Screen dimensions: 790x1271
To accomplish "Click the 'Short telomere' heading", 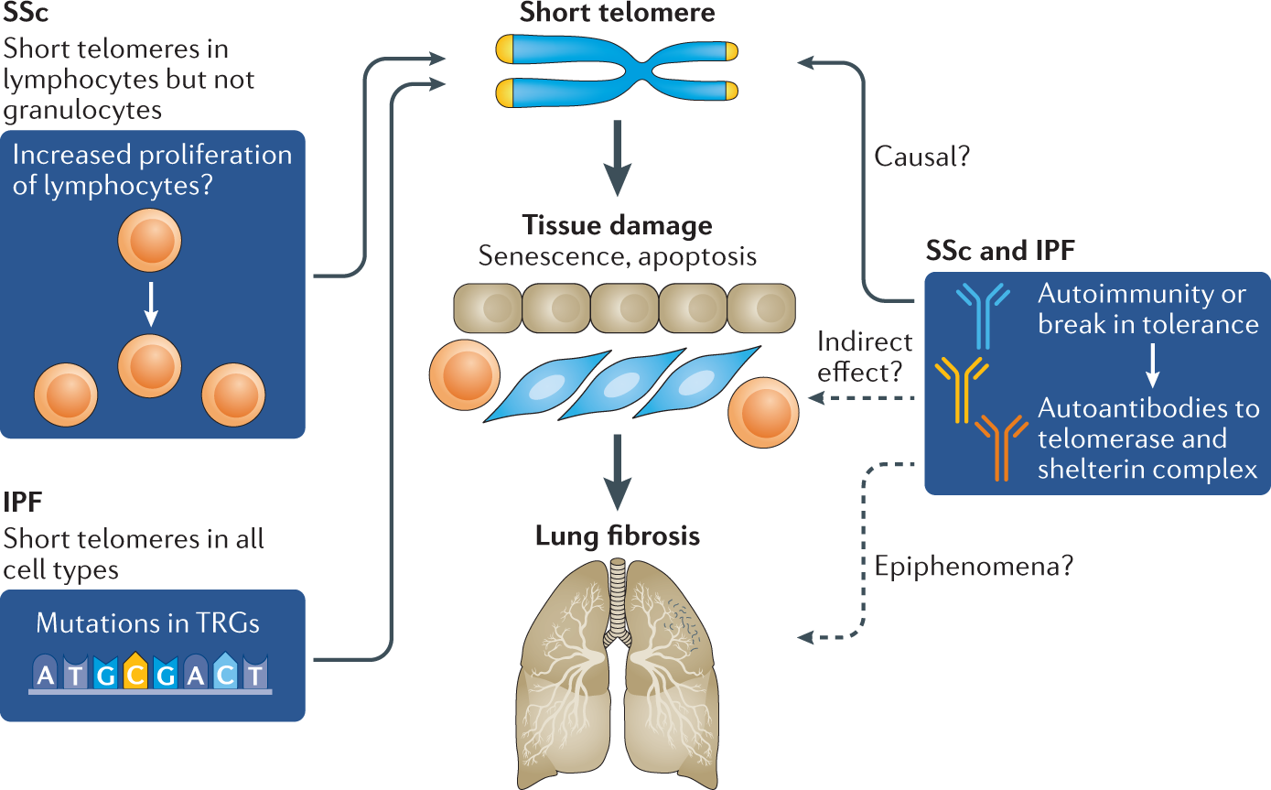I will click(x=617, y=13).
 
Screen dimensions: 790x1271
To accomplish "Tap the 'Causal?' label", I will click(x=921, y=157).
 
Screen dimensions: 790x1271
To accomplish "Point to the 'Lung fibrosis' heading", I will click(x=618, y=535).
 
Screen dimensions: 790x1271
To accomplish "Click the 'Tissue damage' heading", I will click(x=617, y=224).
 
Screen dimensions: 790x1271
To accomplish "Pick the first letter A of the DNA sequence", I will click(x=45, y=676).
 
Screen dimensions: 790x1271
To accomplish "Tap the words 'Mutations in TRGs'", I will click(x=148, y=623).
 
